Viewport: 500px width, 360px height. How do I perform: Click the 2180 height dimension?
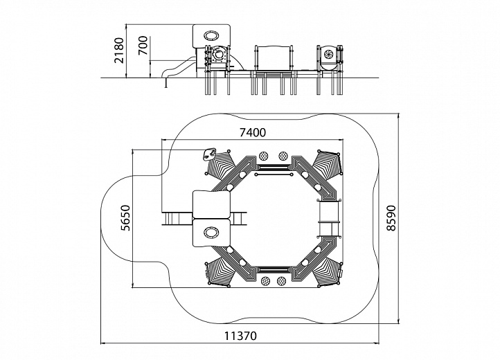[119, 51]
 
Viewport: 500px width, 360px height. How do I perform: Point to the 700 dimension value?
[143, 45]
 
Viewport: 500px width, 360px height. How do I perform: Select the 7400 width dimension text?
[253, 132]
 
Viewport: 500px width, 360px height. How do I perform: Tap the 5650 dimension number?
[125, 218]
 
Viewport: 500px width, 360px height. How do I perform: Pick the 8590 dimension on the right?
[391, 218]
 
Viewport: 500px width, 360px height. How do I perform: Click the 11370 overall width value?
[240, 336]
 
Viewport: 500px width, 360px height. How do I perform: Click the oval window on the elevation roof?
[211, 35]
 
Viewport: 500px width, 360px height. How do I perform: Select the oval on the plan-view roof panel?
[211, 232]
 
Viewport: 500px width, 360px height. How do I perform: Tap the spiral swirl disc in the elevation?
[328, 55]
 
